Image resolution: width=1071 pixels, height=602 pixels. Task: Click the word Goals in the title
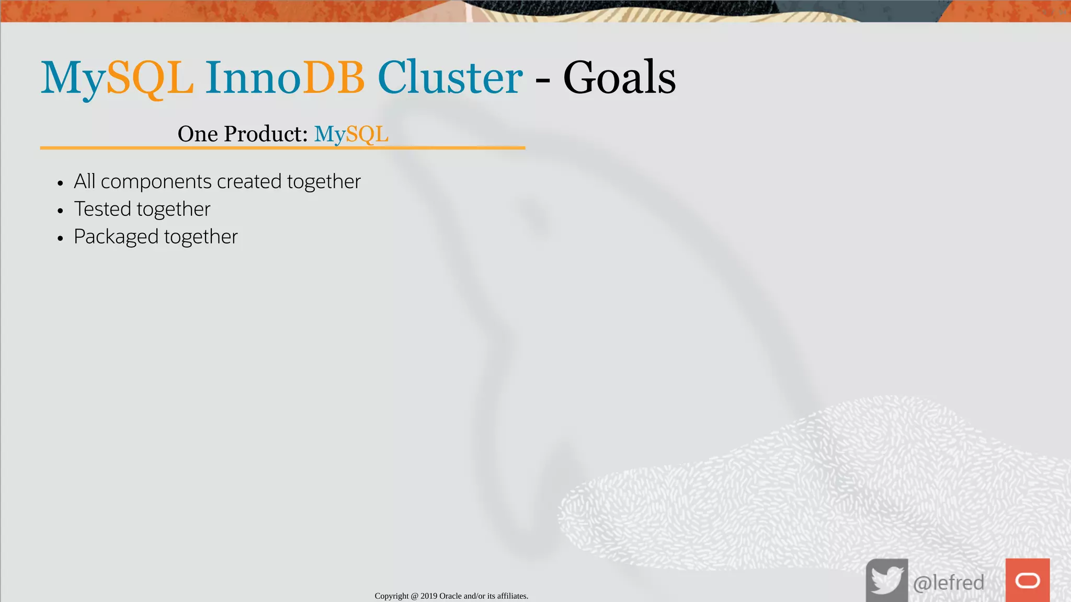click(619, 78)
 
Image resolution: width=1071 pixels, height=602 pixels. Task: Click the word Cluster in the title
click(450, 78)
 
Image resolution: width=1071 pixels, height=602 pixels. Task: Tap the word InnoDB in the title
click(284, 78)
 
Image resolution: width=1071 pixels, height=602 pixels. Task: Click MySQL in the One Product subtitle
click(351, 134)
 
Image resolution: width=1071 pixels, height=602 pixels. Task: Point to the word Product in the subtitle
click(266, 134)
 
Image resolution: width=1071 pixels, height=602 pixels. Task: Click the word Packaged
click(116, 237)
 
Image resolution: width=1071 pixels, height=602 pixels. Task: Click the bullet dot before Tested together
click(61, 211)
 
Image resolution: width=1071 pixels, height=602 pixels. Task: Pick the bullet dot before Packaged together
click(61, 238)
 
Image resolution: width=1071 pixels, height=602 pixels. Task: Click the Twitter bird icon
click(887, 580)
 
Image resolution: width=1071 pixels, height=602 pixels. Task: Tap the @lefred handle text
click(949, 583)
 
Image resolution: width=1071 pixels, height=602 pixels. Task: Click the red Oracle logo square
click(1028, 580)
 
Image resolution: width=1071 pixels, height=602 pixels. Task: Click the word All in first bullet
click(84, 181)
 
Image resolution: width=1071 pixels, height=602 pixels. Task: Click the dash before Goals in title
click(543, 81)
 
